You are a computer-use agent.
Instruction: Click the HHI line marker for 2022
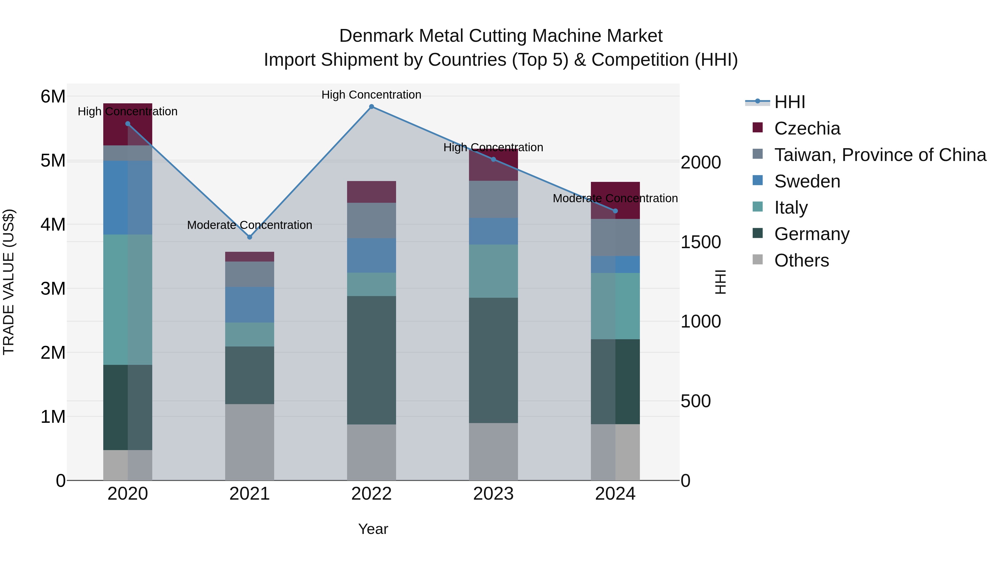372,107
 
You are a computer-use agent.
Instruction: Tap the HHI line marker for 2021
250,237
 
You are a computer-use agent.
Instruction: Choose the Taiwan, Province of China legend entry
880,155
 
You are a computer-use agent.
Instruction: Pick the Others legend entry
801,260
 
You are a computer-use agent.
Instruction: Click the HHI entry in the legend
789,102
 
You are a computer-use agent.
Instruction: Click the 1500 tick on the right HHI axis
701,242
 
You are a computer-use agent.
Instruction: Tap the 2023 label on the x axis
493,494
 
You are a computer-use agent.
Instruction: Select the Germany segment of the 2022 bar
372,360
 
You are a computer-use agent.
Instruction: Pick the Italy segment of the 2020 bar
127,300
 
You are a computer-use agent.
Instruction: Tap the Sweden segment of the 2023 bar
493,231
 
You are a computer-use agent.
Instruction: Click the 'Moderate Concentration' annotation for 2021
250,225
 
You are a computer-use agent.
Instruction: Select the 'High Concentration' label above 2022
372,95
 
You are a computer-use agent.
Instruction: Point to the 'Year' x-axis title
373,529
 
